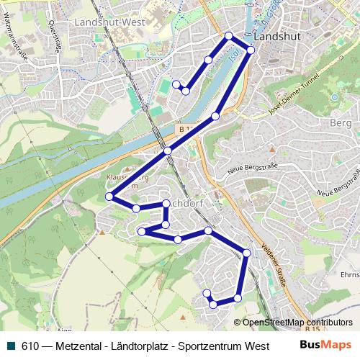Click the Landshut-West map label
pos(109,22)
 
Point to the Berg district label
pos(339,124)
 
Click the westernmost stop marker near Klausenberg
pos(109,196)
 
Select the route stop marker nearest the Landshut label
pos(251,49)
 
